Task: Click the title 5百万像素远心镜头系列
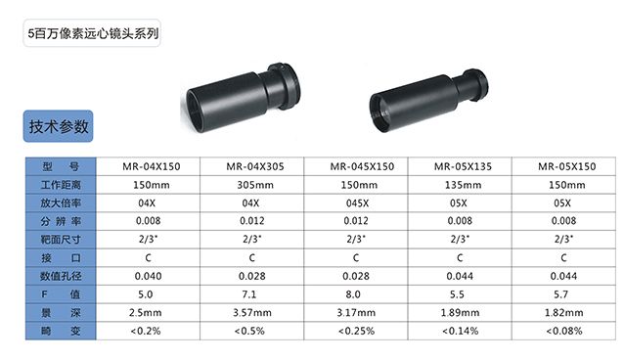click(93, 33)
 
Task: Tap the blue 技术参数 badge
click(58, 126)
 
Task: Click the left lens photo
click(241, 98)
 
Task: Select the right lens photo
click(428, 100)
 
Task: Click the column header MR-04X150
click(152, 166)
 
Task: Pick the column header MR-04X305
click(255, 166)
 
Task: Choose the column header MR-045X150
click(362, 166)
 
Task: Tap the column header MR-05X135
click(463, 166)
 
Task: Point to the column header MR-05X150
click(566, 166)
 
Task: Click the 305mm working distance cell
click(255, 185)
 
